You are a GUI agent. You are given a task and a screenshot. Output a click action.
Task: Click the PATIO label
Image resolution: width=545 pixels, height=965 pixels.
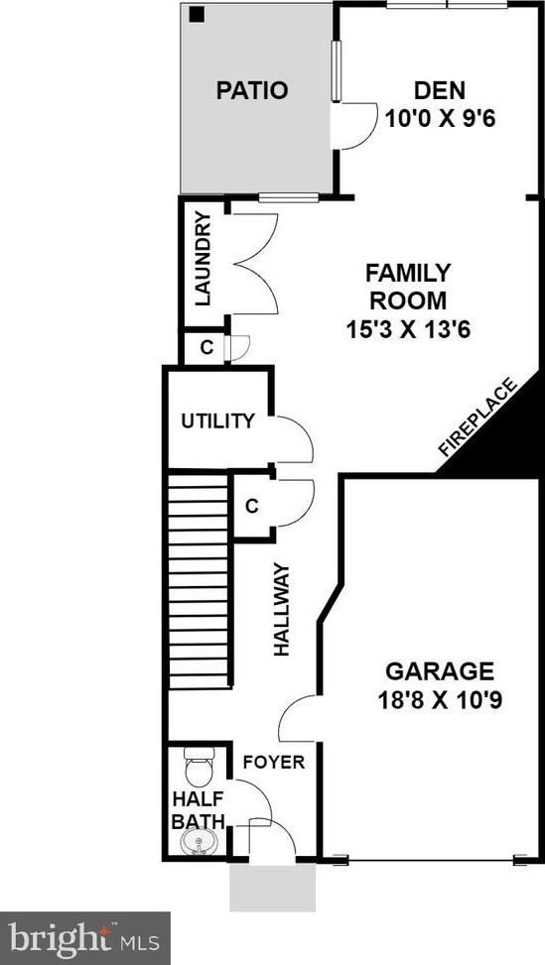(x=252, y=90)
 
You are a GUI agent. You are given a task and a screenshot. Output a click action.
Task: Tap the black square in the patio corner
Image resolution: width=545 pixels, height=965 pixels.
(x=197, y=14)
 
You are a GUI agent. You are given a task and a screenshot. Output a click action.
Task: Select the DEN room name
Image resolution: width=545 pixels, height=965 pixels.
(x=440, y=90)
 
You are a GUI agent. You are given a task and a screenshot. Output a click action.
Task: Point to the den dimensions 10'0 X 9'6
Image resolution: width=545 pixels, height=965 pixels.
(x=440, y=118)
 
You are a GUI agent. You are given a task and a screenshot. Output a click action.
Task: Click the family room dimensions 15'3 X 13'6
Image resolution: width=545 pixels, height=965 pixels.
(x=408, y=330)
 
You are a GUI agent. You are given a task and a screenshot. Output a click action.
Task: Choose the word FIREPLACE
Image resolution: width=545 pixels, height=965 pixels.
(x=477, y=418)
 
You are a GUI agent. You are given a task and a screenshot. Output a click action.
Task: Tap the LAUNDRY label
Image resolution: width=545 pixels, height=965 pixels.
(x=204, y=258)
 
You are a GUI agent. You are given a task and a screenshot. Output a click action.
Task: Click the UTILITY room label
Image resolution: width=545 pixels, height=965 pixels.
(x=217, y=421)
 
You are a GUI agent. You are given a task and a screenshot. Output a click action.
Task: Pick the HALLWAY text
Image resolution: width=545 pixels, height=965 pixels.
(x=281, y=609)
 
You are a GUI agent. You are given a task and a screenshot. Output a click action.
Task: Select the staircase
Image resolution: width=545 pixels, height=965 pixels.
(x=199, y=580)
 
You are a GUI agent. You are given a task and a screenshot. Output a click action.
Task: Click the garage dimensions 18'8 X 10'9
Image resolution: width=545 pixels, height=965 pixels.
(x=440, y=700)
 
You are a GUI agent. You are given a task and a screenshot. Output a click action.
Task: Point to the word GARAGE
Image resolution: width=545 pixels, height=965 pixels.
(x=440, y=670)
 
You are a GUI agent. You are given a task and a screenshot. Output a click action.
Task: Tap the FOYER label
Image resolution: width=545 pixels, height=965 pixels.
(x=273, y=762)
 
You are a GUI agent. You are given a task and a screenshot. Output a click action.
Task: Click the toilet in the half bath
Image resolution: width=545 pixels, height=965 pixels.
(x=199, y=767)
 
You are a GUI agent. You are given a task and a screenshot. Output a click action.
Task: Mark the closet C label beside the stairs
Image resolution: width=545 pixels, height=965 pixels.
(x=251, y=506)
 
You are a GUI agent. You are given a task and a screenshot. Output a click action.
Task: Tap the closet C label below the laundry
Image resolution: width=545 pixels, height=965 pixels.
(x=206, y=348)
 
